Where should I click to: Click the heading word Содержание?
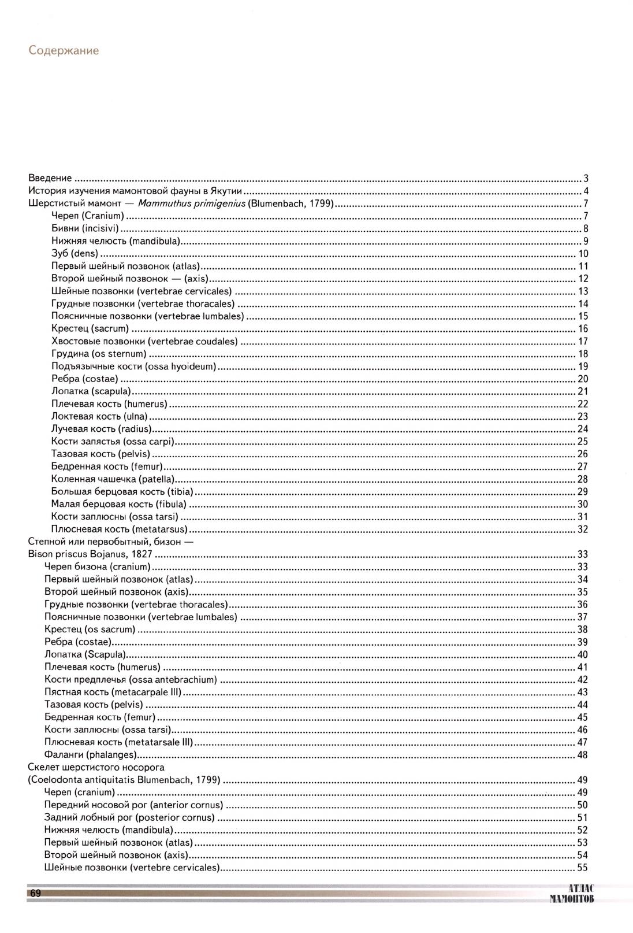coord(64,51)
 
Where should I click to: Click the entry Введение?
coord(50,178)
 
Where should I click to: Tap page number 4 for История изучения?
coord(585,191)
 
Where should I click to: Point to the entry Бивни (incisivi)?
coord(89,229)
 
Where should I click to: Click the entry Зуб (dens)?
coord(75,254)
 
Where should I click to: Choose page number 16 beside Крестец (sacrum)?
coord(583,329)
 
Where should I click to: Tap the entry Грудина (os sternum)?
coord(99,354)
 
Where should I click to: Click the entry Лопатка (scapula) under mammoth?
coord(91,391)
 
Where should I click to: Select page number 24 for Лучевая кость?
coord(583,429)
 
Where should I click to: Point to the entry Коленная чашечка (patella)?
coord(113,479)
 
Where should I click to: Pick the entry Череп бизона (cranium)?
coord(97,567)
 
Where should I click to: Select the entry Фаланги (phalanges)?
coord(90,755)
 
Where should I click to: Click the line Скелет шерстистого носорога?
coord(96,768)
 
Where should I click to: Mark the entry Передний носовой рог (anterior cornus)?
coord(133,805)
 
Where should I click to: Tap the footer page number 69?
coord(35,894)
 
